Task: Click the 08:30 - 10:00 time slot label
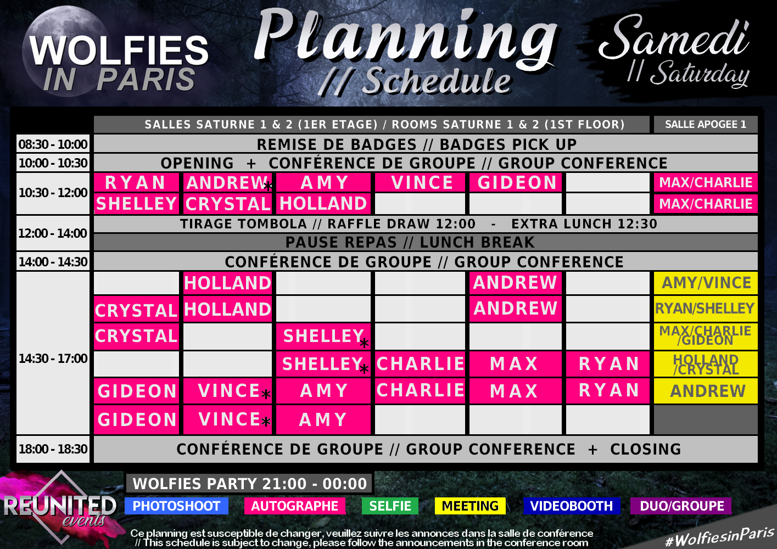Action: pos(53,144)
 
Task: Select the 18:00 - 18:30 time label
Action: pos(53,449)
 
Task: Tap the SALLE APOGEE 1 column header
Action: pos(706,124)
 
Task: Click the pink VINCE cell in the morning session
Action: pos(420,182)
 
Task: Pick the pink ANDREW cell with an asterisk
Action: pos(227,182)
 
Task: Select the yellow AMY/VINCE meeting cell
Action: pos(706,283)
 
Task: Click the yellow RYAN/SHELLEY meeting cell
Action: pos(706,309)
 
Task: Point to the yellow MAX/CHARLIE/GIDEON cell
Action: pos(706,336)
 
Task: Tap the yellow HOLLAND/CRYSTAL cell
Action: pos(706,364)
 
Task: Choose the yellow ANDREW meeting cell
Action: pos(706,391)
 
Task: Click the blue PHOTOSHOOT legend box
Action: pos(176,506)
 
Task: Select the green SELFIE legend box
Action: pos(390,506)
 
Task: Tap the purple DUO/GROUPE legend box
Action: pos(681,506)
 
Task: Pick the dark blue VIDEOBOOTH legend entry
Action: pos(572,506)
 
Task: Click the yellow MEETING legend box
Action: pos(470,506)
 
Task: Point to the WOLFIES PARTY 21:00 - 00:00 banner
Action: pos(249,483)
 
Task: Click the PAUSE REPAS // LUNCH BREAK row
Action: pos(426,242)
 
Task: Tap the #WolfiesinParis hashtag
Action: pos(719,537)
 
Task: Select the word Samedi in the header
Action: pos(674,38)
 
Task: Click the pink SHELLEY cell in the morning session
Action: pos(136,203)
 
